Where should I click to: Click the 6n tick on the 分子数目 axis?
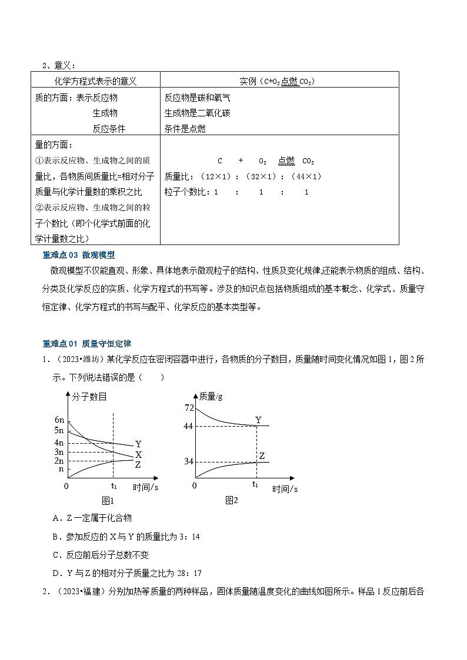pyautogui.click(x=59, y=420)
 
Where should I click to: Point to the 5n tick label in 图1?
pyautogui.click(x=59, y=431)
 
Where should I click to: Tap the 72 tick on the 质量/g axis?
pyautogui.click(x=189, y=408)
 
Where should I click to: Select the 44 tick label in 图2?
pyautogui.click(x=189, y=426)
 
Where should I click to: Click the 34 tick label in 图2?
pyautogui.click(x=189, y=461)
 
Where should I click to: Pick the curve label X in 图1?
pyautogui.click(x=138, y=455)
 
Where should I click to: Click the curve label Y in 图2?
pyautogui.click(x=258, y=420)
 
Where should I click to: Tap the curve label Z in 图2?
pyautogui.click(x=262, y=456)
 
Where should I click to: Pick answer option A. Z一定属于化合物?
pyautogui.click(x=92, y=518)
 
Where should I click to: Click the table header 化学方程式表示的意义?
pyautogui.click(x=95, y=81)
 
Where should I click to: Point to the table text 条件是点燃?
pyautogui.click(x=185, y=129)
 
